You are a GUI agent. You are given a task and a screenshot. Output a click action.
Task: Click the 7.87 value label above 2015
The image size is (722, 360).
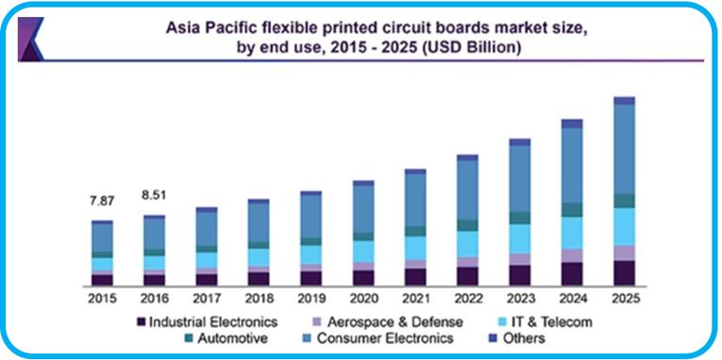102,201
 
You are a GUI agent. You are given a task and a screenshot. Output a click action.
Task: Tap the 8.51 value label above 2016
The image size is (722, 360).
154,196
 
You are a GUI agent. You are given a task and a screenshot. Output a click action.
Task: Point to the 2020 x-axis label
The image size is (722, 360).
363,297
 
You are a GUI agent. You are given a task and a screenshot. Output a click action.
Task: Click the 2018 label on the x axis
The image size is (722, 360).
259,297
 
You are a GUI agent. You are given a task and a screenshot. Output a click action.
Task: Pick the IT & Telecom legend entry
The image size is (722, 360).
538,321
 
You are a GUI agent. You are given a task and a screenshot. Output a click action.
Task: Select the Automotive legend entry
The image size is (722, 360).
230,337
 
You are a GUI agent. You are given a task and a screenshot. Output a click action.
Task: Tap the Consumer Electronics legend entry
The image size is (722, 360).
385,337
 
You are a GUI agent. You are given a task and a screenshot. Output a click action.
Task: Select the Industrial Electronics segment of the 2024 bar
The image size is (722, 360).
572,274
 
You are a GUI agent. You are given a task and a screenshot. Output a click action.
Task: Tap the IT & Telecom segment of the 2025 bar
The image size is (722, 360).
624,227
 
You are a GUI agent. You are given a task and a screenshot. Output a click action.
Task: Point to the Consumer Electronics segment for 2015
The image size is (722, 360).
102,238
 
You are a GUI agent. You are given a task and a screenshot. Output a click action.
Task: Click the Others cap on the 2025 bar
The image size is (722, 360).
624,101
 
